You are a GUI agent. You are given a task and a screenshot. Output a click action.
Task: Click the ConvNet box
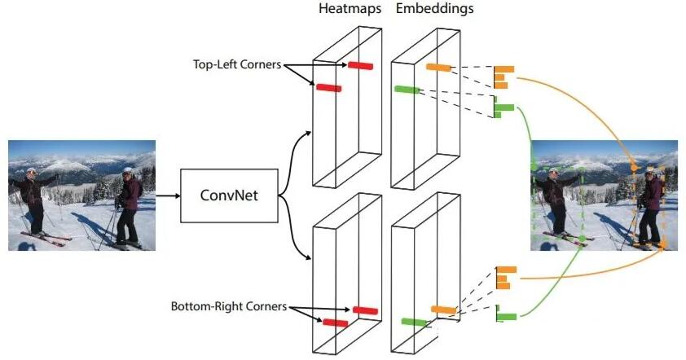229,195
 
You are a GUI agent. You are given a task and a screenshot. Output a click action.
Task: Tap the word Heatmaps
350,8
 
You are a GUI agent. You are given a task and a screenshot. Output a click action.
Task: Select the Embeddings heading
434,9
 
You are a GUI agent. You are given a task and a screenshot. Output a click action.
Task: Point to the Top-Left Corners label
237,64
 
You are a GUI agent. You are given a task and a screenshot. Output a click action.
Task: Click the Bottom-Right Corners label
229,306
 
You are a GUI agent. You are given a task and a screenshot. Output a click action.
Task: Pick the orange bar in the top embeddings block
438,68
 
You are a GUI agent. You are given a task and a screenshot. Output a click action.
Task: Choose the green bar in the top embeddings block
407,90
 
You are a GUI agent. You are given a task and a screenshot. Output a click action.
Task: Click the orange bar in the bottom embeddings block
444,310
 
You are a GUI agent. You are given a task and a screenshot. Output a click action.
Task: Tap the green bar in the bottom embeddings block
414,323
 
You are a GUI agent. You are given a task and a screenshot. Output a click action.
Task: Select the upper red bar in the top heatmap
360,66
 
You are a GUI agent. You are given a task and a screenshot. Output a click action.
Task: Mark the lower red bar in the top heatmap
329,88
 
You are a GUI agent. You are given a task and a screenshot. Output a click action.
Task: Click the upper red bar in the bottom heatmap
365,310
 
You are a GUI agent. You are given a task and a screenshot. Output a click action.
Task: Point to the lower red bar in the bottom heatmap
336,323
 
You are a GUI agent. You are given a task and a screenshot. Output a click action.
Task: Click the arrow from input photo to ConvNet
168,195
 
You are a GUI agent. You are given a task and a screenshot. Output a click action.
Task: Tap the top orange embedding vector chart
504,77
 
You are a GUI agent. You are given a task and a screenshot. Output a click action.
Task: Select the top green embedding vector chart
504,107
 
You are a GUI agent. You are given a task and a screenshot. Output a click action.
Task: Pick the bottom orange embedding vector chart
506,278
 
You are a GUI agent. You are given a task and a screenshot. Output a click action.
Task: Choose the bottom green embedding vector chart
506,314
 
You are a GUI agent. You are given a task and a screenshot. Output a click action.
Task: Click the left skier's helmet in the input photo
31,171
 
